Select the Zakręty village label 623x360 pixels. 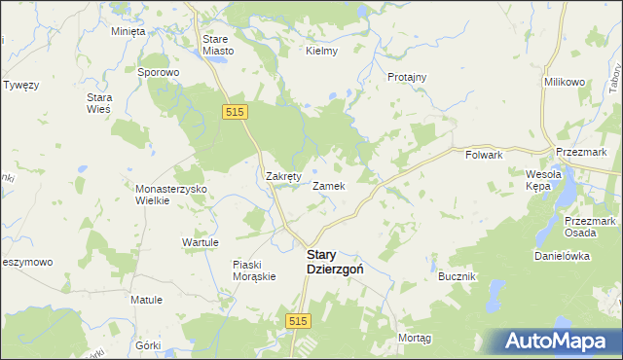click(x=286, y=176)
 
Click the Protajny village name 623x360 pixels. click(x=407, y=77)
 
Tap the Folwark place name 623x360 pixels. click(x=484, y=155)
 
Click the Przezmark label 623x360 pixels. click(x=582, y=153)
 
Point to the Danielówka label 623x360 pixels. click(x=563, y=256)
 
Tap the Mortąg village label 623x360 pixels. click(x=415, y=337)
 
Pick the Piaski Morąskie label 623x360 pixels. click(x=255, y=270)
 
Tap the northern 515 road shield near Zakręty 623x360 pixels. click(x=233, y=113)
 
